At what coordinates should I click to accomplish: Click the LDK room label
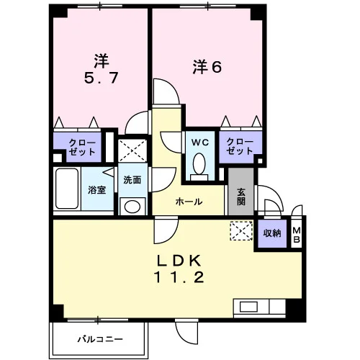179,261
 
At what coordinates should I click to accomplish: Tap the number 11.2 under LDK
179,277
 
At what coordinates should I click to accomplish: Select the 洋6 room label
207,68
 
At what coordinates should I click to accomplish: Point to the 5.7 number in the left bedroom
101,78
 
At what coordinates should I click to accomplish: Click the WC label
200,143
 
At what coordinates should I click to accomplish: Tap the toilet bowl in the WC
199,163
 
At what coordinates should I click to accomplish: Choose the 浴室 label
97,190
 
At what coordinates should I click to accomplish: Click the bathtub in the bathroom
67,189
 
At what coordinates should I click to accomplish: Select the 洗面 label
132,180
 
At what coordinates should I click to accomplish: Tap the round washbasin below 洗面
132,207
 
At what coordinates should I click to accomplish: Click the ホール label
189,202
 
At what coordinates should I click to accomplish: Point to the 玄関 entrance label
241,197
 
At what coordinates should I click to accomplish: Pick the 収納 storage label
272,233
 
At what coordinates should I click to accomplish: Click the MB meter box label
297,235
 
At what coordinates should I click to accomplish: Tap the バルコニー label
100,339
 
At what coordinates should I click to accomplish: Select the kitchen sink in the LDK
249,307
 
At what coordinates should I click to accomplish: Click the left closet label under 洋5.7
82,147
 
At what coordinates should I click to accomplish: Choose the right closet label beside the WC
240,146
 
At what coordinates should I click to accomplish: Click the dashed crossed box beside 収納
241,231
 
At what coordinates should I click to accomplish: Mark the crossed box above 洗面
132,150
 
